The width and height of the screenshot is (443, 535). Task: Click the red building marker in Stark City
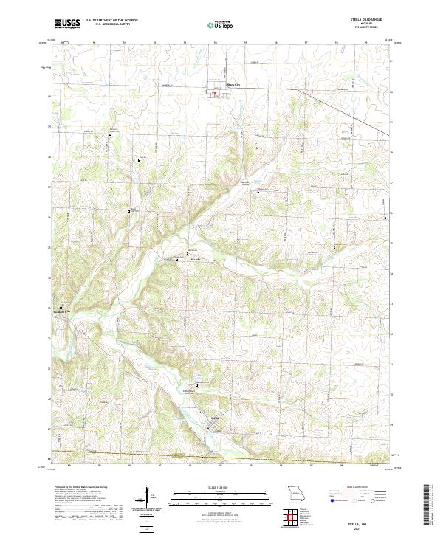(x=216, y=93)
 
